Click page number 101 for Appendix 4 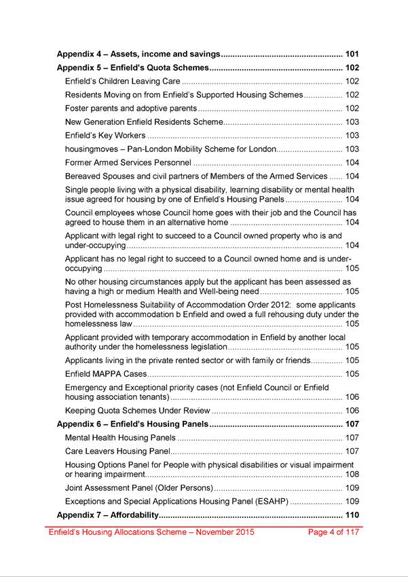352,54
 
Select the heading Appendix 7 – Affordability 106,515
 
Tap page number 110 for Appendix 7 352,515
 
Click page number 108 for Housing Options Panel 352,474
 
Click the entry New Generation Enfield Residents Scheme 144,122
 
